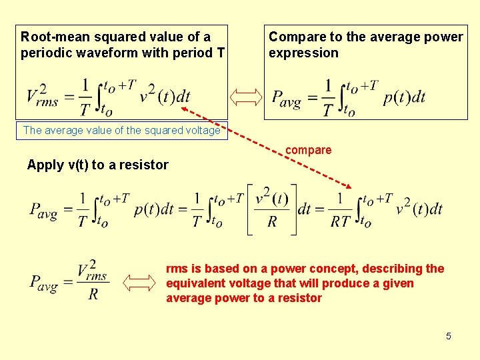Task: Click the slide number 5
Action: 449,336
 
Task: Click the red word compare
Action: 308,151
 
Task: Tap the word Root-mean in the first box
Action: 49,37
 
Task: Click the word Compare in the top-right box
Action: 295,37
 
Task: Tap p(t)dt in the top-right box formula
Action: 404,97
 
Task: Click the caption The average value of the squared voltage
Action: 121,131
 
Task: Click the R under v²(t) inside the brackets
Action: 272,222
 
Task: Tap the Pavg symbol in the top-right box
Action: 287,98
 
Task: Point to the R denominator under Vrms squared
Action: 93,294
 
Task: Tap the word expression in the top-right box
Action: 303,53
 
